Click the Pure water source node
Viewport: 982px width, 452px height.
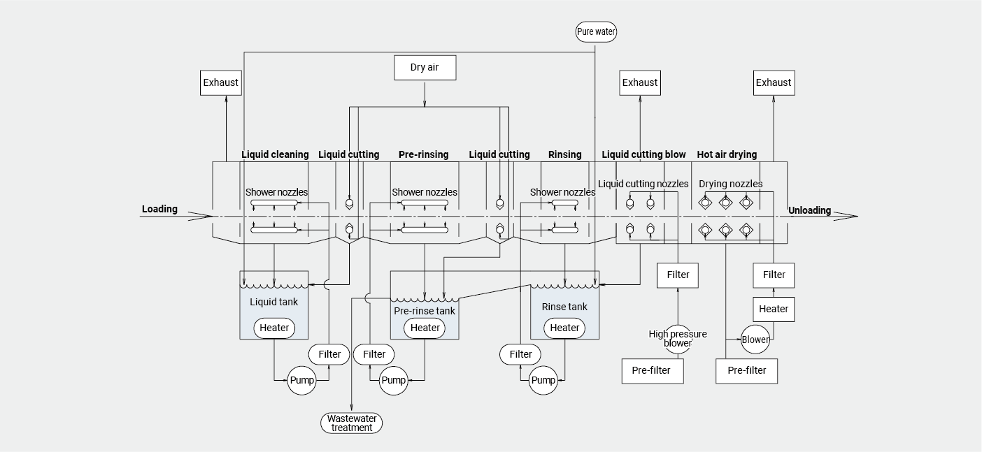tap(596, 31)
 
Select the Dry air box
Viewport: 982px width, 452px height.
tap(425, 68)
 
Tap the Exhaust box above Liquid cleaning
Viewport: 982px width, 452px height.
tap(220, 82)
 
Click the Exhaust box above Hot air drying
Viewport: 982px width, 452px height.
tap(774, 82)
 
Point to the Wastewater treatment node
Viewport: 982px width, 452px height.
tap(352, 423)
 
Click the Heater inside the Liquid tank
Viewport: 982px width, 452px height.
tap(274, 328)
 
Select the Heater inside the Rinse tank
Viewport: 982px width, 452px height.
tap(564, 328)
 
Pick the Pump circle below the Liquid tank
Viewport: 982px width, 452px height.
tap(301, 381)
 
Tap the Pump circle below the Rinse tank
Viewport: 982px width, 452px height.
tap(543, 381)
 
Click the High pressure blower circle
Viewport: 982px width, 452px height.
tap(677, 339)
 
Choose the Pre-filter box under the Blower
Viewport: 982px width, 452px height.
tap(746, 371)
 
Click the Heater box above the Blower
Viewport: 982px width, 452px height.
tap(774, 309)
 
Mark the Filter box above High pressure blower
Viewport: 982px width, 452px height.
tap(678, 275)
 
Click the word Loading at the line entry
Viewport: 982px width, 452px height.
tap(159, 209)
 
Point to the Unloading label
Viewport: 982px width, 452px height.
tap(809, 210)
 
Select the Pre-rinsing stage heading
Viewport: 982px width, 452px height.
tap(423, 154)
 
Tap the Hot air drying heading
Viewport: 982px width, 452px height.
tap(727, 154)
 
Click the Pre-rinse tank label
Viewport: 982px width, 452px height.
tap(425, 311)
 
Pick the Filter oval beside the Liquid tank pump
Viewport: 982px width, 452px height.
tap(329, 354)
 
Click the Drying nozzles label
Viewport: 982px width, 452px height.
tap(730, 184)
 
